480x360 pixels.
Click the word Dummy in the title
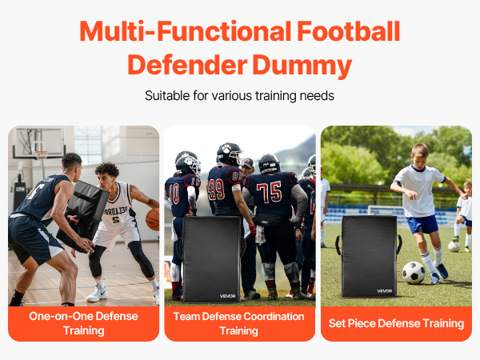(302, 66)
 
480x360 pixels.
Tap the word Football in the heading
(349, 31)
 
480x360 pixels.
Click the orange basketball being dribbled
(153, 219)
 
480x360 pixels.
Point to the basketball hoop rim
(41, 153)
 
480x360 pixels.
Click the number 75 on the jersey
(269, 192)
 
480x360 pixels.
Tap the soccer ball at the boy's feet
(414, 273)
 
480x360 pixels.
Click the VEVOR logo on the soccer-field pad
(385, 291)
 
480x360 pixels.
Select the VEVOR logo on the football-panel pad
(227, 296)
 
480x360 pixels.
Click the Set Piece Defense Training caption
(396, 323)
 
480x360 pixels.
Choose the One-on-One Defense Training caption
(83, 323)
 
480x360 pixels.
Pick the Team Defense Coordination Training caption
(238, 323)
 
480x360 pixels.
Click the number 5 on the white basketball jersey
(116, 219)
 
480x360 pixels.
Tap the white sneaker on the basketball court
(97, 293)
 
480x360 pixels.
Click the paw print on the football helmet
(226, 149)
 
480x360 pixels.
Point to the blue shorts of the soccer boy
(422, 224)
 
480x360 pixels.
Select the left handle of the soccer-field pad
(338, 245)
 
